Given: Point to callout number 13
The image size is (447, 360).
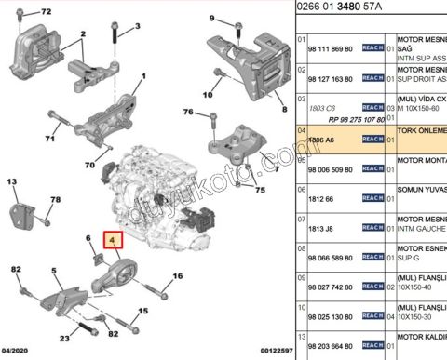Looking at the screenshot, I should (14, 182).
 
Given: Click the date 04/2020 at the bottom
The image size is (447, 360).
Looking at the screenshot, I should (17, 353).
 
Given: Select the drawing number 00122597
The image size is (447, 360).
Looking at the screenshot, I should (269, 353).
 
